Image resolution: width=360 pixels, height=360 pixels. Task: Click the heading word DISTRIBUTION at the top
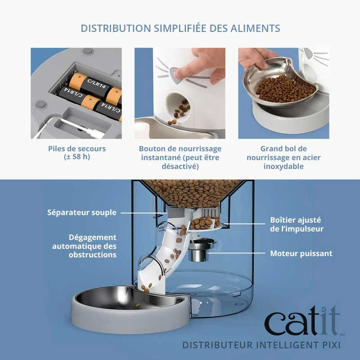[116, 28]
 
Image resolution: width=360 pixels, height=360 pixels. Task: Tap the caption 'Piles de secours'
[77, 149]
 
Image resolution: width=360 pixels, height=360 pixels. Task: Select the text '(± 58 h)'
[77, 157]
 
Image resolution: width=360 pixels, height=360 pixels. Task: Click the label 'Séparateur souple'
[82, 212]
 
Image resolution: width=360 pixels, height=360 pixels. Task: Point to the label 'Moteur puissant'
[301, 253]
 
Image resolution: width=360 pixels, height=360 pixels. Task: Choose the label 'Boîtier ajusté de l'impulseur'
[297, 224]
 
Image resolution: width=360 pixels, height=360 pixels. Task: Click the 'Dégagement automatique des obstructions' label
[84, 246]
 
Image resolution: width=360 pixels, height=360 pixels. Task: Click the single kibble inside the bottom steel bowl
[138, 306]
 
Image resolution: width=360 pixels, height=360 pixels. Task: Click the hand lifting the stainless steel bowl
[257, 59]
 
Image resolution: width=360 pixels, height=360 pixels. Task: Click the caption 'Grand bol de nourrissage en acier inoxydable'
[283, 157]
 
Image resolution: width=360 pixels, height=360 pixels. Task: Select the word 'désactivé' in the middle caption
[180, 166]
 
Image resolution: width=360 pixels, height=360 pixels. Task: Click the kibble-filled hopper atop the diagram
[193, 193]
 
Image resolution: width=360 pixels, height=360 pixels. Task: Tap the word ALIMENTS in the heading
[255, 28]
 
